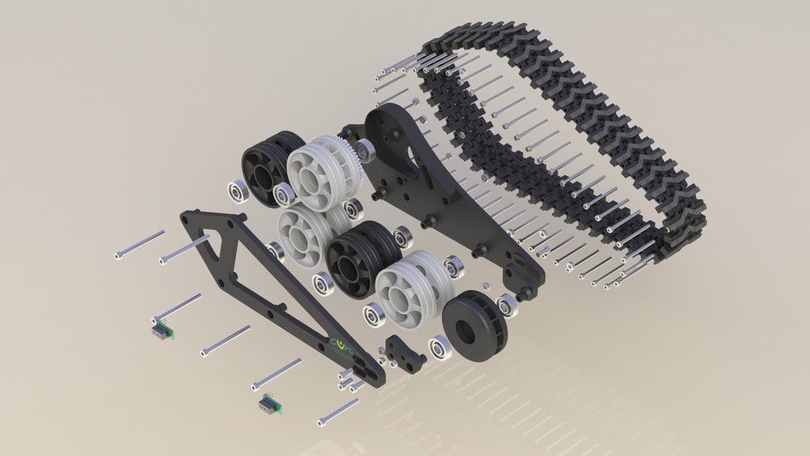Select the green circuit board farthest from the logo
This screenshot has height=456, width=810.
coord(161,329)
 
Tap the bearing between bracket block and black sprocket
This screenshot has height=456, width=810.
coord(440,348)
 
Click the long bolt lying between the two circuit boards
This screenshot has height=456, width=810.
coord(225,340)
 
